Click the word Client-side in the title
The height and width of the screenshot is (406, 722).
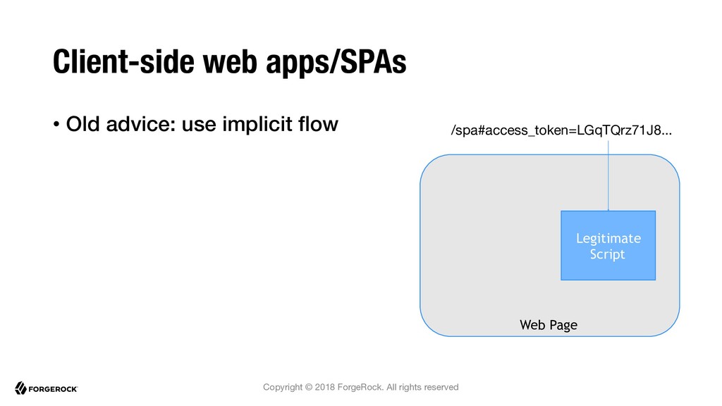click(x=123, y=62)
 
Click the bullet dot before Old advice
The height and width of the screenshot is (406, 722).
click(x=56, y=124)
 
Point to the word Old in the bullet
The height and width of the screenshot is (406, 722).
click(x=82, y=124)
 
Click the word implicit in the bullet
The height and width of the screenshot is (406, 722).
click(x=257, y=125)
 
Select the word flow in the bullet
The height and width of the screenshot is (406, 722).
click(x=318, y=124)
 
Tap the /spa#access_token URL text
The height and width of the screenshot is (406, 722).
click(x=561, y=130)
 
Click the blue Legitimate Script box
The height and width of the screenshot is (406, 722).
click(x=608, y=245)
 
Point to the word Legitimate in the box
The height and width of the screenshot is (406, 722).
click(x=608, y=238)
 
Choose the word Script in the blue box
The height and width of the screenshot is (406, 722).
click(x=608, y=254)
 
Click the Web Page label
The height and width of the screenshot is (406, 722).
click(x=549, y=325)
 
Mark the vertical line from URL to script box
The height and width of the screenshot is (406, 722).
click(x=608, y=176)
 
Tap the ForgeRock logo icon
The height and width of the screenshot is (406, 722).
click(x=20, y=388)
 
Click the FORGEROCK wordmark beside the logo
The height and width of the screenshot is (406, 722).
click(x=53, y=389)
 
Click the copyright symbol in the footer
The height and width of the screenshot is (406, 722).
click(x=309, y=387)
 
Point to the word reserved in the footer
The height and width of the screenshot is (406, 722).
click(x=441, y=387)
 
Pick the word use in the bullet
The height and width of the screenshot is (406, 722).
click(x=199, y=125)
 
